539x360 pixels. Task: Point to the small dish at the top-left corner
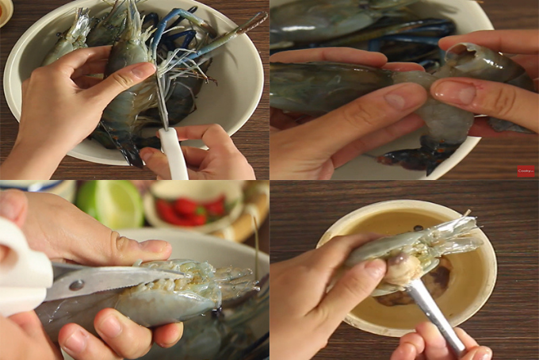[5, 11]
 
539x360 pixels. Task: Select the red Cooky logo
[525, 170]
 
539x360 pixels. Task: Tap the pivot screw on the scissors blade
[77, 285]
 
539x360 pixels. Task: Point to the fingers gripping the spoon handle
[444, 344]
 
